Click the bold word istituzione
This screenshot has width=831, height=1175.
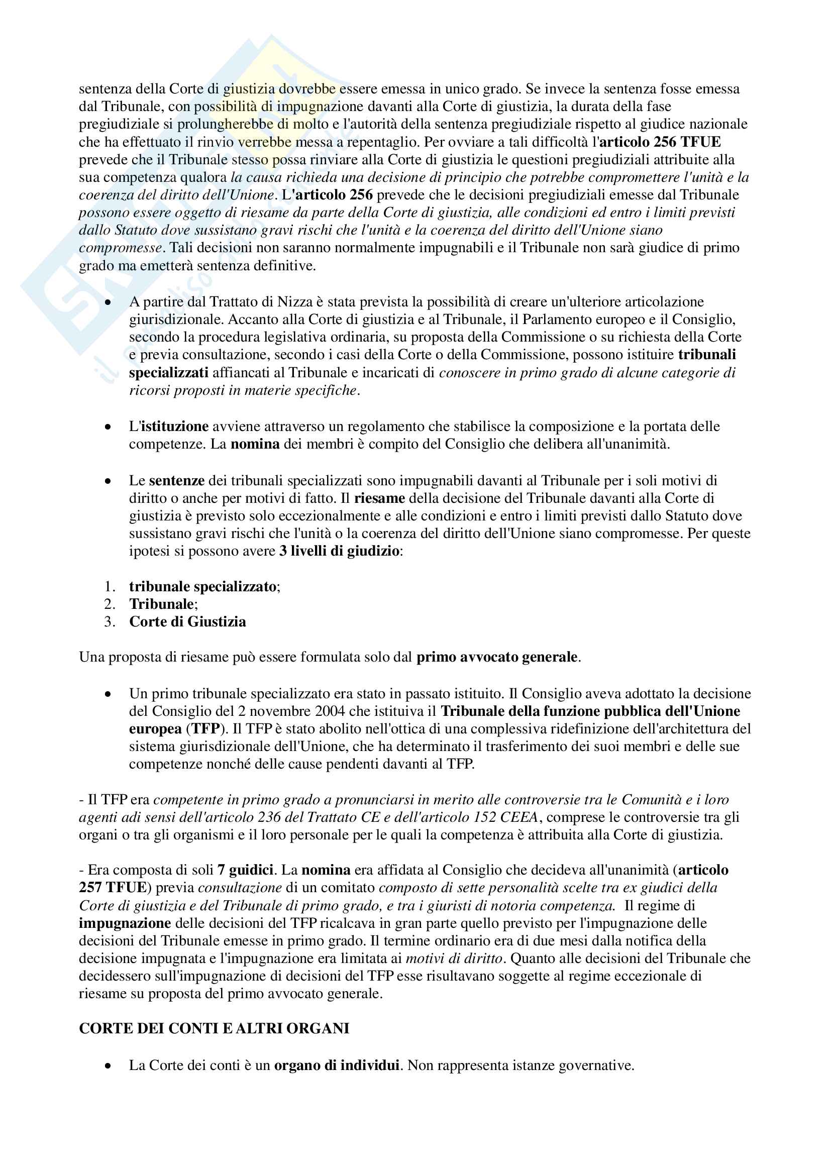pos(174,426)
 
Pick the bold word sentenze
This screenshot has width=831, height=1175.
pos(176,481)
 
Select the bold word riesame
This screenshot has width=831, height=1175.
pos(379,498)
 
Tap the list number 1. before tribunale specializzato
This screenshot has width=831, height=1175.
pos(110,586)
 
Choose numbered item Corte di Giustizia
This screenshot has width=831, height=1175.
pos(187,621)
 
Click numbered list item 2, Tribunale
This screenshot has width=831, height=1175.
pos(162,604)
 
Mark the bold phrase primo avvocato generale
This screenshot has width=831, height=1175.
pos(497,657)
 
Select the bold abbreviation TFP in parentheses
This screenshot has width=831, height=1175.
pos(205,728)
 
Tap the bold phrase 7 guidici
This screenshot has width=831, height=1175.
pos(245,870)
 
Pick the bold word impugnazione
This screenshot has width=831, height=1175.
pos(125,923)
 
